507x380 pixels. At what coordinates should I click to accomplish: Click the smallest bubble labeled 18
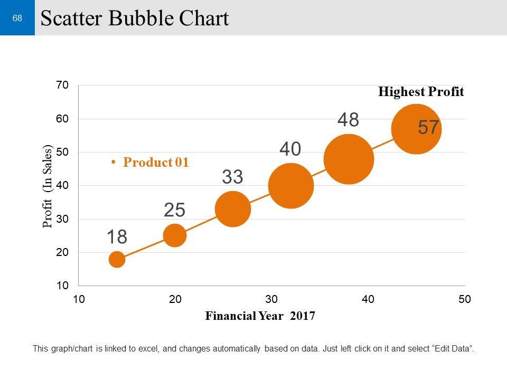pos(117,259)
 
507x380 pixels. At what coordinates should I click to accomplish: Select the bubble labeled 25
pos(175,235)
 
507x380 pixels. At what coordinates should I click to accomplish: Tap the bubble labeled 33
pos(233,209)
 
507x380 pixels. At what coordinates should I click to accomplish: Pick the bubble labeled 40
pos(291,186)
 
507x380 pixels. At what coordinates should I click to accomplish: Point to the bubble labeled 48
pos(349,159)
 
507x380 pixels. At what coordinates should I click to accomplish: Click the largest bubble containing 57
pos(416,129)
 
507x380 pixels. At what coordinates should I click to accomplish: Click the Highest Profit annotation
pos(421,92)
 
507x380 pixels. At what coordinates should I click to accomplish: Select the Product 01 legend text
pos(156,163)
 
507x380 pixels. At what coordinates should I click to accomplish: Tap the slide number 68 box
pos(17,18)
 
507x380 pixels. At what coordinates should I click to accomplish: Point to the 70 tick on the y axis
pos(62,85)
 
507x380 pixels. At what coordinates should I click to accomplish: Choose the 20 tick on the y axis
pos(62,252)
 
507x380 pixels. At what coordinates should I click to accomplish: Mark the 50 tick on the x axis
pos(464,300)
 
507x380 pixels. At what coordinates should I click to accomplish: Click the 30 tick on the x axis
pos(271,300)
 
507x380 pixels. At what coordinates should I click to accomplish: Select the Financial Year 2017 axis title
pos(260,317)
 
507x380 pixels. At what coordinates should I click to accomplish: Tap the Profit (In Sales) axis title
pos(48,186)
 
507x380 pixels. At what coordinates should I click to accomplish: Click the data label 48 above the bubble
pos(348,120)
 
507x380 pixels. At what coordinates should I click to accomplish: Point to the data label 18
pos(117,237)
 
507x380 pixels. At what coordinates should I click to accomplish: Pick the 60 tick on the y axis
pos(62,119)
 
